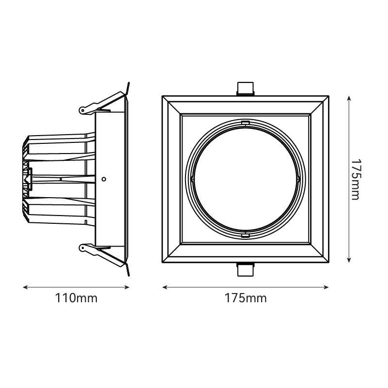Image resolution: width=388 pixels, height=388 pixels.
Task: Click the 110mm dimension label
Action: click(x=76, y=298)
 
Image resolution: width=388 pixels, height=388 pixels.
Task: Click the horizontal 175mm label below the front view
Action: click(x=246, y=298)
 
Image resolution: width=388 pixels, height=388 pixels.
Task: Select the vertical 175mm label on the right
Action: click(x=356, y=179)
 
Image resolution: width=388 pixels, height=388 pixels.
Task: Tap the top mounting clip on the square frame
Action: click(x=245, y=89)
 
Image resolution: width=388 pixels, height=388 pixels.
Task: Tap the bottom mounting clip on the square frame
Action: click(x=245, y=269)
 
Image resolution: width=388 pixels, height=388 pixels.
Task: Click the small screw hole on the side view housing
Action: click(x=104, y=179)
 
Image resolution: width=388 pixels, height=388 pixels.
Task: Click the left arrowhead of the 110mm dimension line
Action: click(x=25, y=287)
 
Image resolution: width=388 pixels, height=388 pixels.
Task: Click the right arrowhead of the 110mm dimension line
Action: click(x=127, y=287)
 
